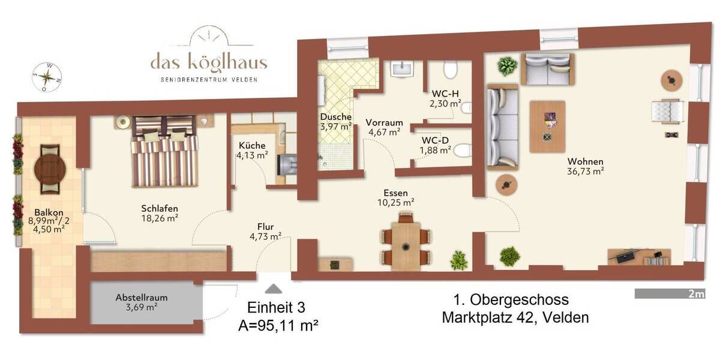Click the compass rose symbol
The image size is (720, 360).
click(x=47, y=76)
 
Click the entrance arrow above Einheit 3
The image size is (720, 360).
click(x=272, y=289)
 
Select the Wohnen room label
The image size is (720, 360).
click(x=585, y=161)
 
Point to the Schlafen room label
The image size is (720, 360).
click(x=159, y=209)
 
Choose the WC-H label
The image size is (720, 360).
click(x=445, y=94)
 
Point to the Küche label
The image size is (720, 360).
click(x=252, y=146)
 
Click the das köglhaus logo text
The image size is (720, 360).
click(x=209, y=62)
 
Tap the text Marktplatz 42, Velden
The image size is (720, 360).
click(x=515, y=317)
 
